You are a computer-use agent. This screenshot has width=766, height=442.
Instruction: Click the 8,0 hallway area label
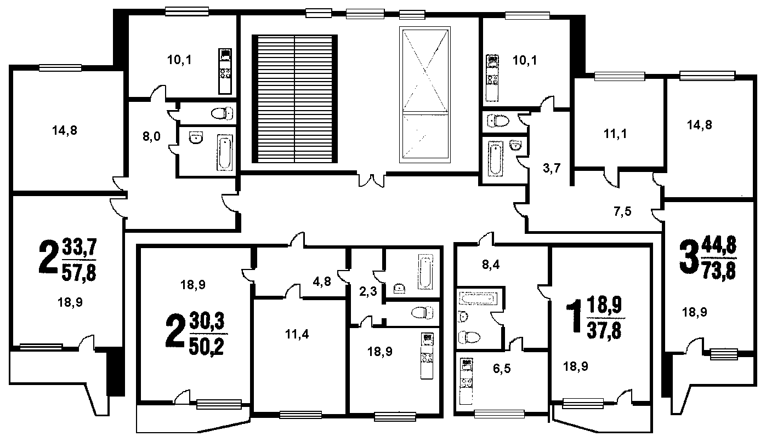[x=151, y=136]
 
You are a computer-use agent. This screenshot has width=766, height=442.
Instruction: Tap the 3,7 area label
[x=552, y=168]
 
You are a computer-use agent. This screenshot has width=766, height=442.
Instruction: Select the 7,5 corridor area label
[x=622, y=212]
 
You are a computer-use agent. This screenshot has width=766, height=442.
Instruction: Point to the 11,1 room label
[x=615, y=134]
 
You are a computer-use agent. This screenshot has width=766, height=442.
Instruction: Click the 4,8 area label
[x=322, y=282]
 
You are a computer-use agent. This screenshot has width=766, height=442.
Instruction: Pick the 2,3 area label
[x=368, y=291]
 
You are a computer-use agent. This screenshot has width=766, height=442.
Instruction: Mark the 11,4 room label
[x=297, y=334]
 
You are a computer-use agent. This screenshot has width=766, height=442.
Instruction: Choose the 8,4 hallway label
[x=491, y=265]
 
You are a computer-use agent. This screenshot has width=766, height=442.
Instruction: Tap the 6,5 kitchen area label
[x=502, y=369]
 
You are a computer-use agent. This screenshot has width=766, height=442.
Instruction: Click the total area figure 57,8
[x=79, y=273]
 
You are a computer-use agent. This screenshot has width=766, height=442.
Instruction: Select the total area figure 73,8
[x=718, y=272]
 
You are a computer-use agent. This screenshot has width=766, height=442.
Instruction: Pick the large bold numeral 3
[x=689, y=258]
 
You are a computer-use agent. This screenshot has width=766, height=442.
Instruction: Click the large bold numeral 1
[x=575, y=316]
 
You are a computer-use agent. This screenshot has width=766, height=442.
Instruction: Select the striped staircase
[x=295, y=99]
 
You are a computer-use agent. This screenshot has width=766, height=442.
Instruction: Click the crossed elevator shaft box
[x=425, y=95]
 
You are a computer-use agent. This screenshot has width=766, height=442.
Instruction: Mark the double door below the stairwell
[x=372, y=180]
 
